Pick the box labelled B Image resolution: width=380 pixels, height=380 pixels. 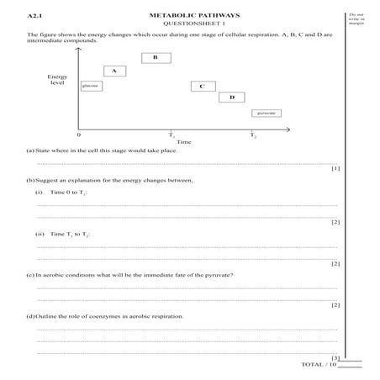pos(156,57)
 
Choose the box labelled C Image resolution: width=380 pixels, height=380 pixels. pos(203,86)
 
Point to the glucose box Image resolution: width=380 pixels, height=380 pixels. pos(90,86)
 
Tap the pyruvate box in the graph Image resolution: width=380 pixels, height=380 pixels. pos(267,112)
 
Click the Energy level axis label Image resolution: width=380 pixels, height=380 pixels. pos(57,80)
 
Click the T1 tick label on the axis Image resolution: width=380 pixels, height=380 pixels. pos(172,135)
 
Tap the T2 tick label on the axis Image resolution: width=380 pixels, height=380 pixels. pos(253,135)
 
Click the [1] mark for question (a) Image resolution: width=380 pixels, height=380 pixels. pos(335,168)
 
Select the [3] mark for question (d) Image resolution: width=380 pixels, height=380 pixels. pos(335,357)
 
